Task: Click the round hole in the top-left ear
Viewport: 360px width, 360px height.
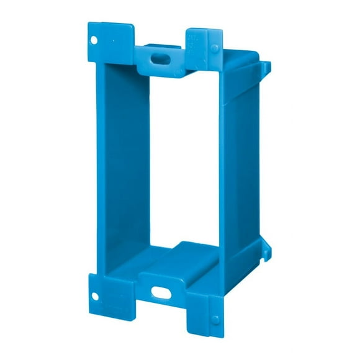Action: [x=94, y=40]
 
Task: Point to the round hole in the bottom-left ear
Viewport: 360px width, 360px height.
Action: [x=97, y=297]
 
